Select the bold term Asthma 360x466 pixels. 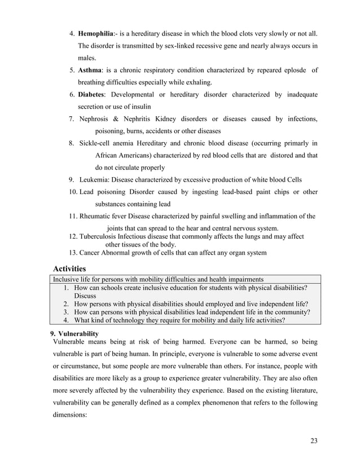(x=90, y=70)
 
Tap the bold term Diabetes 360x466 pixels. (x=93, y=94)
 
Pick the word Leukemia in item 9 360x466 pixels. (x=95, y=180)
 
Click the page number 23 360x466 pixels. (x=314, y=441)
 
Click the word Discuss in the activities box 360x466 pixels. (x=85, y=295)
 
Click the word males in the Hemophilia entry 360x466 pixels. (x=87, y=58)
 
